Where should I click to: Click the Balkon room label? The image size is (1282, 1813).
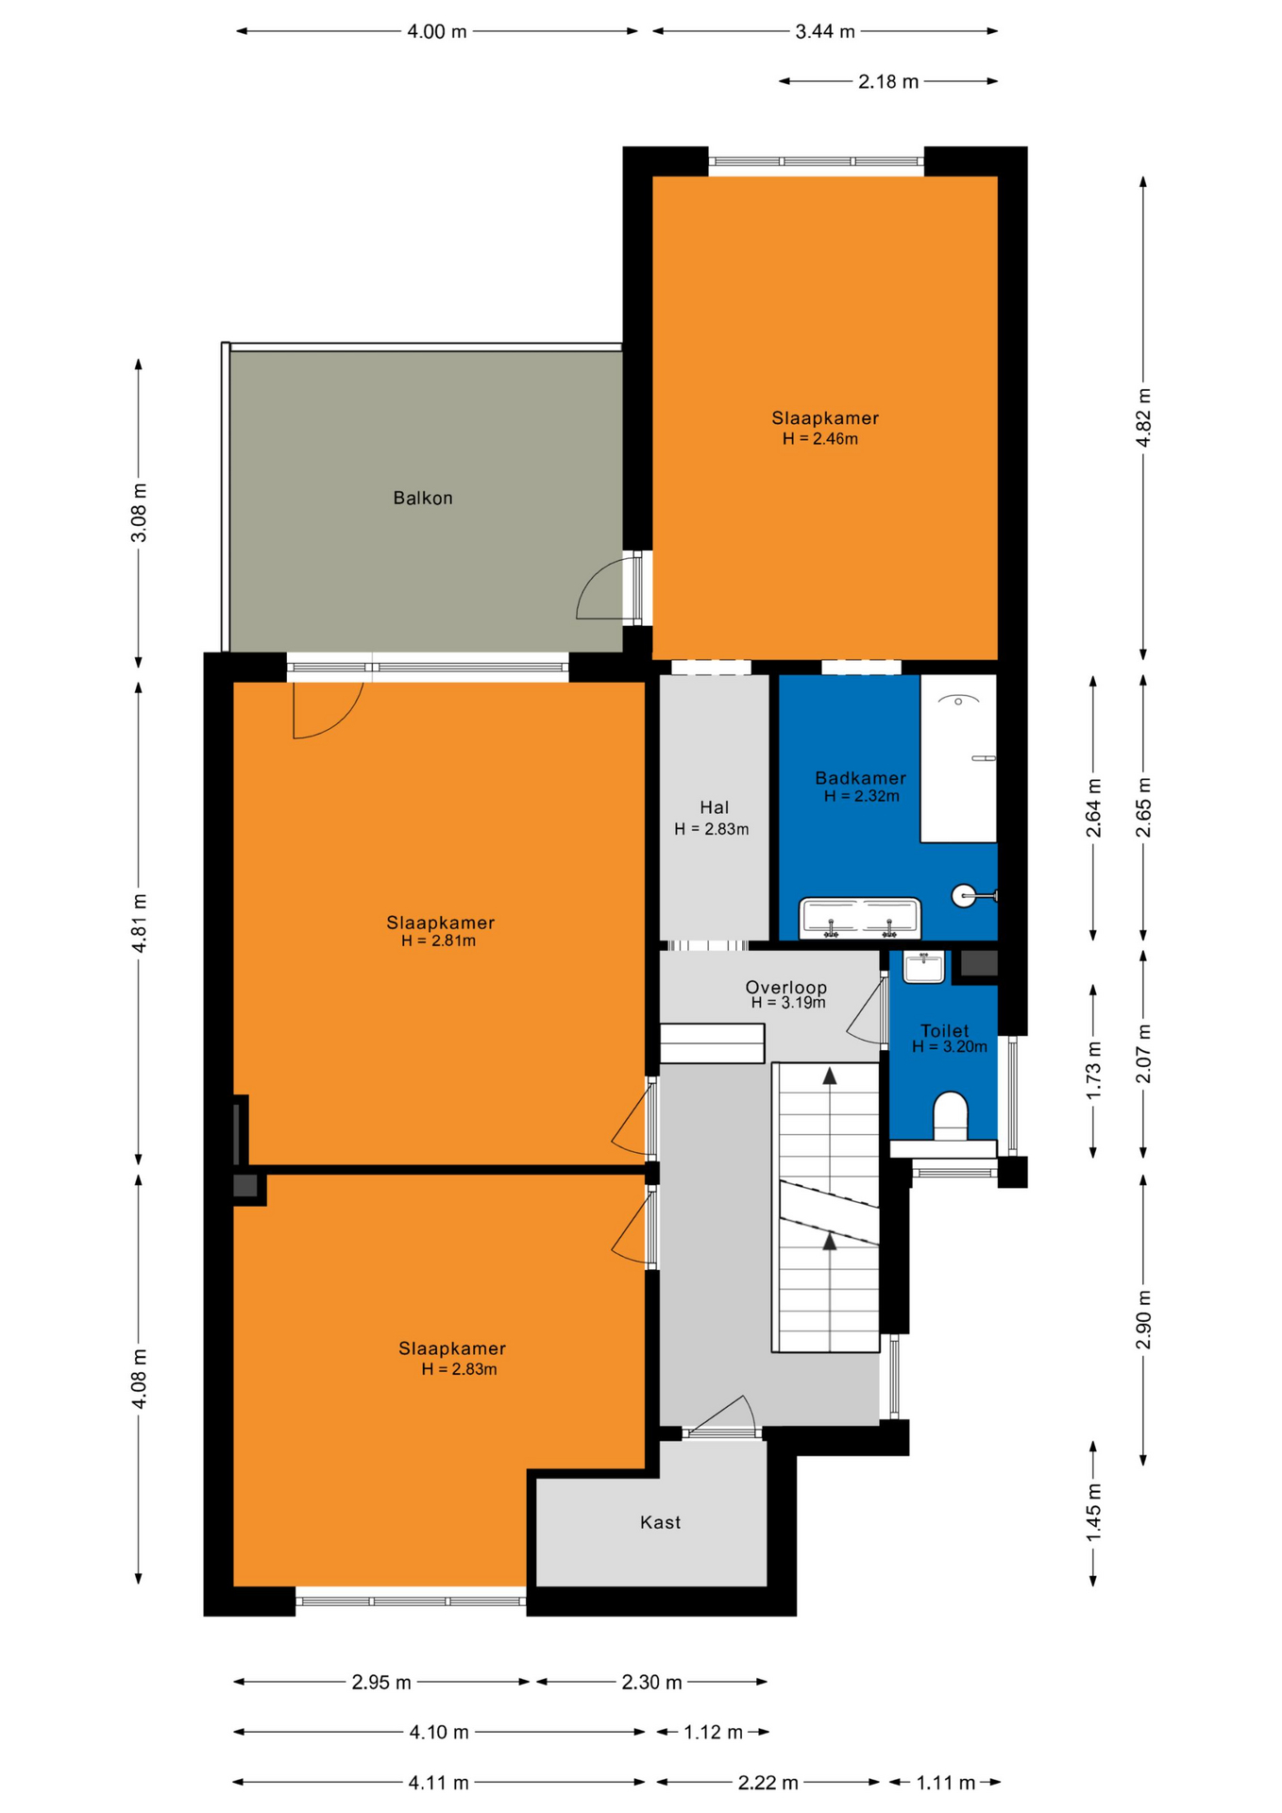(423, 498)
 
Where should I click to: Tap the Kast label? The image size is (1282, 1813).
(660, 1522)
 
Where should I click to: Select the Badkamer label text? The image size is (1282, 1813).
(860, 778)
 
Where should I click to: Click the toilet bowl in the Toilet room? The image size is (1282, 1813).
(950, 1116)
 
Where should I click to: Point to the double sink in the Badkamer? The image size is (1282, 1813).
(860, 918)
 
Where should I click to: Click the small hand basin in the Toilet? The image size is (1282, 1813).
(923, 967)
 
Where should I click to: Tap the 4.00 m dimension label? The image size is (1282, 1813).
(437, 32)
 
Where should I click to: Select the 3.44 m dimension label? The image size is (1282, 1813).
(825, 32)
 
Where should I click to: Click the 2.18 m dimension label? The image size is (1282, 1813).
(888, 82)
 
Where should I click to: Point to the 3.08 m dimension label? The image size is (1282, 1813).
(139, 513)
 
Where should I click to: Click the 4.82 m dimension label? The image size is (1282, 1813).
(1143, 418)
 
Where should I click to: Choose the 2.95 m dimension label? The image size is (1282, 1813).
(381, 1682)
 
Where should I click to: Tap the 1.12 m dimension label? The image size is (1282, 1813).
(713, 1732)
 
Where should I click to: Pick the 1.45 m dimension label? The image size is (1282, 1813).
(1093, 1514)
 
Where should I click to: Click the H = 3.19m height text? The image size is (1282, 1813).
(788, 1003)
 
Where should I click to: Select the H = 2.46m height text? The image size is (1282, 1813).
(819, 439)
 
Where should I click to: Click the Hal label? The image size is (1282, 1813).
(715, 807)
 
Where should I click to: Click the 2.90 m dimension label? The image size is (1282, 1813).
(1143, 1320)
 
